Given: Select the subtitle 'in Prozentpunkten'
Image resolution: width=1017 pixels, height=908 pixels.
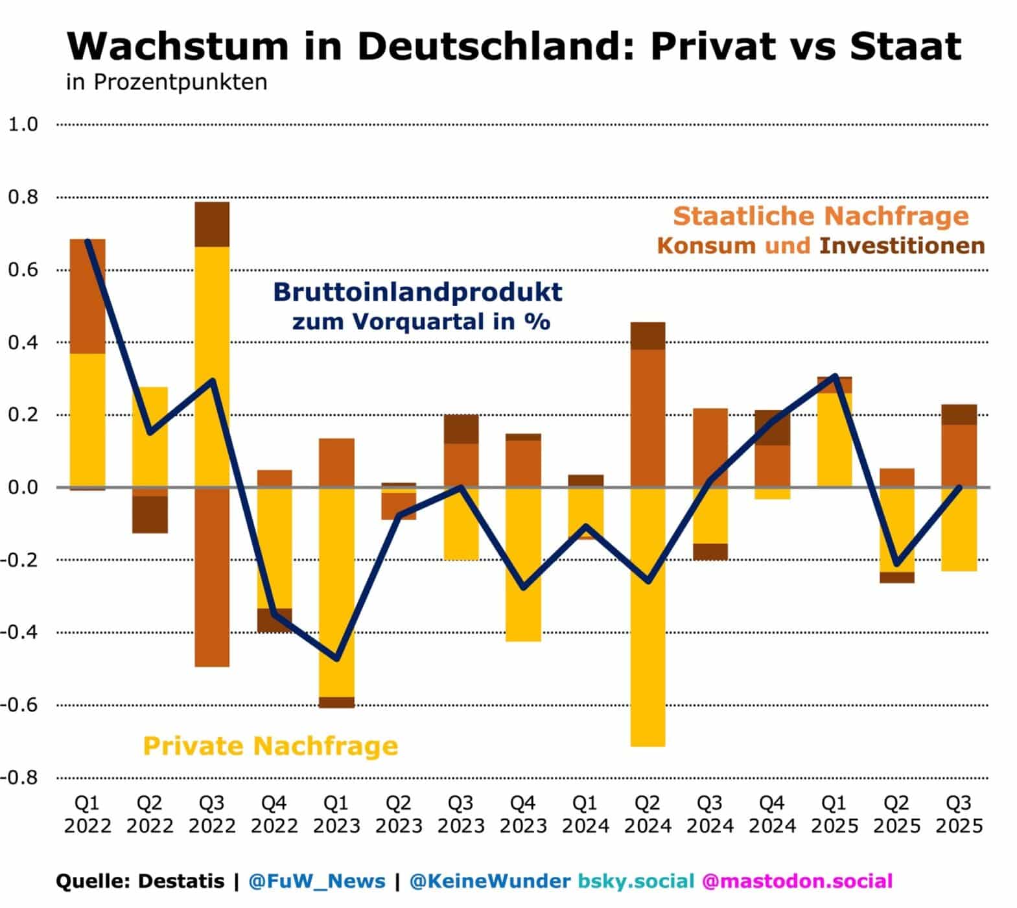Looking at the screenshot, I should (x=167, y=82).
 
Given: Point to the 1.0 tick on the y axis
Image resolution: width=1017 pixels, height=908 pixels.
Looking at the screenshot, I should (x=23, y=124).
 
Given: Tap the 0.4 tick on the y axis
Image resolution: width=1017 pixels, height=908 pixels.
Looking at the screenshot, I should (x=23, y=342).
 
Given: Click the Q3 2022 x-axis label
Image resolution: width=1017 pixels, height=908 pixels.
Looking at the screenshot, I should (x=211, y=815).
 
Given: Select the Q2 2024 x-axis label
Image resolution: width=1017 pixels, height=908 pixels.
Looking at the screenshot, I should (x=647, y=815).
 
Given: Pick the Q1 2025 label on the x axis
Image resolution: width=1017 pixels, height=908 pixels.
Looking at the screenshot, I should (x=834, y=815).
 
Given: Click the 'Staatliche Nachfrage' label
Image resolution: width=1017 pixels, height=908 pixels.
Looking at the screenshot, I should (x=821, y=215).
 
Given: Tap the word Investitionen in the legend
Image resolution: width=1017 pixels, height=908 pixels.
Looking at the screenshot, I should (x=902, y=246).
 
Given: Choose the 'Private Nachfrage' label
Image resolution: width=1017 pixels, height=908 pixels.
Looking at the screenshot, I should (x=270, y=746).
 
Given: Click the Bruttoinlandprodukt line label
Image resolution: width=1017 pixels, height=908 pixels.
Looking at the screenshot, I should (x=417, y=292).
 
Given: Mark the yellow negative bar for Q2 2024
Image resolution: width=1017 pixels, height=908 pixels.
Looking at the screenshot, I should (x=648, y=616).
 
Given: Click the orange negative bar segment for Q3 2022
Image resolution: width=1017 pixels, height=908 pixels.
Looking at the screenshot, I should (x=212, y=577).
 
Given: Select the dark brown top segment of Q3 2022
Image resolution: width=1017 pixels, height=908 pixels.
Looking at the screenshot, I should (x=212, y=224).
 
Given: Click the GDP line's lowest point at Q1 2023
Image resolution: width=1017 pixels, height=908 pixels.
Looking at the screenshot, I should (x=337, y=659).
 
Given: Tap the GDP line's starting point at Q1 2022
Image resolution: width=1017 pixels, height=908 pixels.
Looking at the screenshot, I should (x=88, y=241).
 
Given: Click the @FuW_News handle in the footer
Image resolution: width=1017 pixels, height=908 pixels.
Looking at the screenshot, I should (x=317, y=881).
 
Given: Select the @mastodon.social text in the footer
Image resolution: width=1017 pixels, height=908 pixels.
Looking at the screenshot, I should (x=797, y=881).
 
